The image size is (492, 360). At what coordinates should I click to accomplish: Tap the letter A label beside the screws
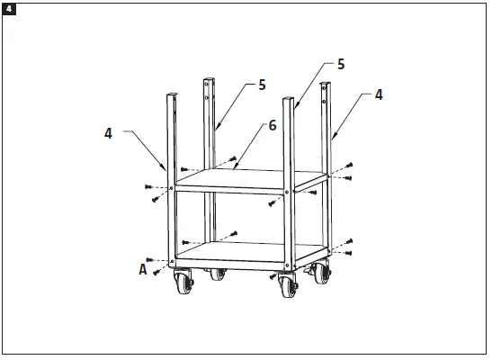[142, 267]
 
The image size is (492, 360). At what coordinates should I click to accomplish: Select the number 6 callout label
[271, 127]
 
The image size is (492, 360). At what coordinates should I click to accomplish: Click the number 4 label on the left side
[108, 133]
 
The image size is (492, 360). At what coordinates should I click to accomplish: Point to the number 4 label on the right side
[378, 94]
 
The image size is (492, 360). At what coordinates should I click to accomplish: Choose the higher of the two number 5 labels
[341, 65]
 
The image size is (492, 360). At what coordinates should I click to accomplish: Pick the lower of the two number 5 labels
[262, 84]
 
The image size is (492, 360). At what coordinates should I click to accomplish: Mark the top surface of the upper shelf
[247, 178]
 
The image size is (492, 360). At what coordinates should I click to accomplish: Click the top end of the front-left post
[168, 94]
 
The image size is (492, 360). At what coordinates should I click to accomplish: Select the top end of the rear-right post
[327, 84]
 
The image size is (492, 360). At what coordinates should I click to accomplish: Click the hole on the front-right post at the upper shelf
[287, 192]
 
